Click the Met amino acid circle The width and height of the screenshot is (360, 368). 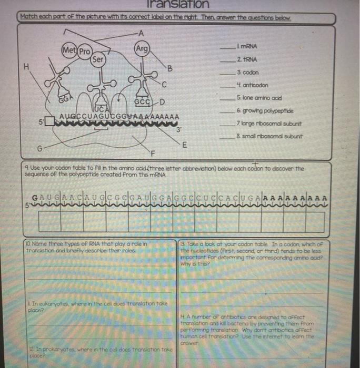coord(69,51)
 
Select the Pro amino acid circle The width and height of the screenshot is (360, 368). coord(85,52)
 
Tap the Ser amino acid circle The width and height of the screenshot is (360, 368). coord(98,59)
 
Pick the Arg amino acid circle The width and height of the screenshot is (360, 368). coord(142,48)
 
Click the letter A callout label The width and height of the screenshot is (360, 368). coord(140,33)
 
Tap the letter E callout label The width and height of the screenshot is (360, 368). coord(184,144)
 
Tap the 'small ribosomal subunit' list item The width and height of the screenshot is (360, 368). coord(269,136)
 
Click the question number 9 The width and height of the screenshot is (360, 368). coord(27,169)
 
